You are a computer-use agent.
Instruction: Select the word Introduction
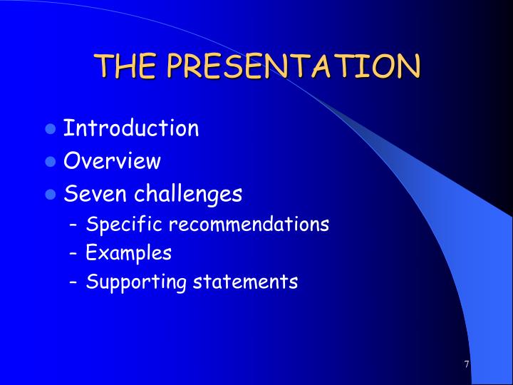(131, 128)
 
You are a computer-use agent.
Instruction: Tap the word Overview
(113, 161)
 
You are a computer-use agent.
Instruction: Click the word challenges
(189, 194)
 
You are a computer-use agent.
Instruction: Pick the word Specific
(124, 225)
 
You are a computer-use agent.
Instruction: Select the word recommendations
(249, 225)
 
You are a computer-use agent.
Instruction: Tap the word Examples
(129, 253)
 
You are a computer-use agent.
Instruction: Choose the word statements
(246, 282)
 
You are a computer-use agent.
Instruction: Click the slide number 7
(467, 364)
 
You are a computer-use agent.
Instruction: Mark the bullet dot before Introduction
(50, 130)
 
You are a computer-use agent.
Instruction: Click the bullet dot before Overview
(50, 162)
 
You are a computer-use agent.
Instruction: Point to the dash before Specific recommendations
(74, 225)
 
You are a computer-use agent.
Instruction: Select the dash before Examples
(74, 254)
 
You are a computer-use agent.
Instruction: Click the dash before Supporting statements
(74, 282)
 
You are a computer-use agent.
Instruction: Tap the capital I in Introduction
(67, 128)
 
